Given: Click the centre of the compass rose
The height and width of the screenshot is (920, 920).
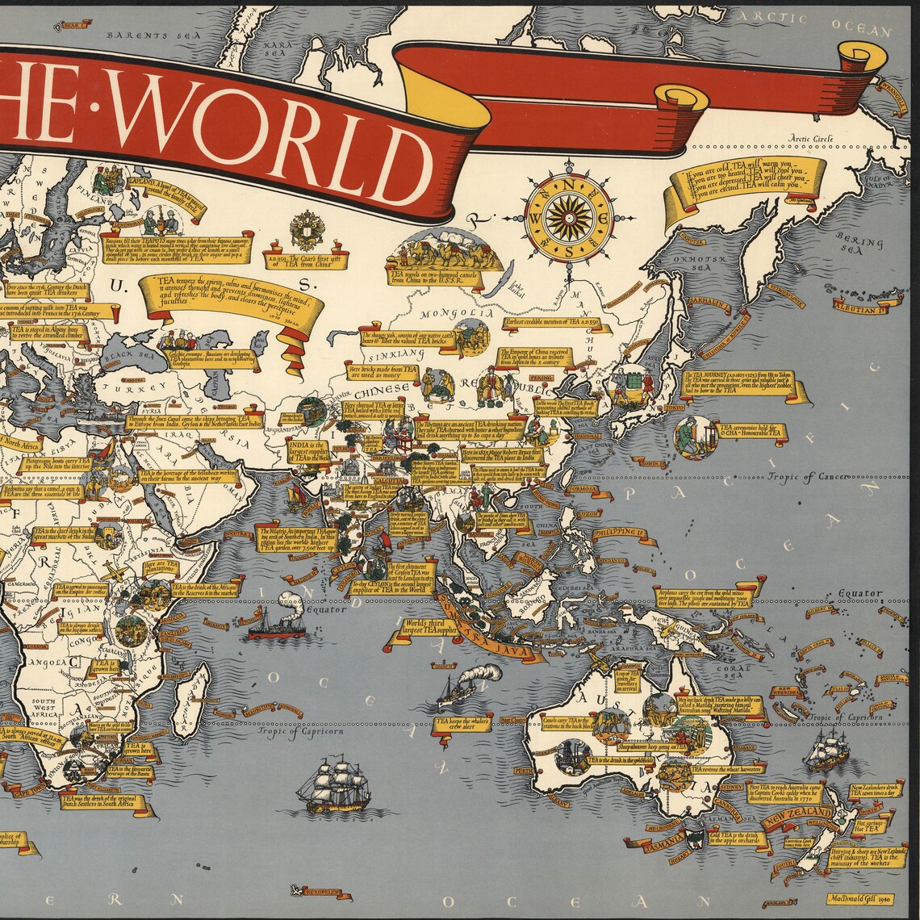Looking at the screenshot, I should [570, 219].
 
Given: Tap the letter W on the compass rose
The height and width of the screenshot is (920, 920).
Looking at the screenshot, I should [535, 219].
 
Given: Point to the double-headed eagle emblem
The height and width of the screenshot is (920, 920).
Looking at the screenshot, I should [307, 231].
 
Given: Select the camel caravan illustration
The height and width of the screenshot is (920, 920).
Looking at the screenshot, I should [443, 250].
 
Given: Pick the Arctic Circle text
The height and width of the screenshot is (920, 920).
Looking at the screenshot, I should [811, 139].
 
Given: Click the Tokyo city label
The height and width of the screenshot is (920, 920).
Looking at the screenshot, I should [675, 408].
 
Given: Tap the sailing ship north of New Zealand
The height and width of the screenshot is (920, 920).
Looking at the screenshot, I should [826, 751].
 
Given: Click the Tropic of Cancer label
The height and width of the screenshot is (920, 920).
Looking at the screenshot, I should [809, 477].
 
